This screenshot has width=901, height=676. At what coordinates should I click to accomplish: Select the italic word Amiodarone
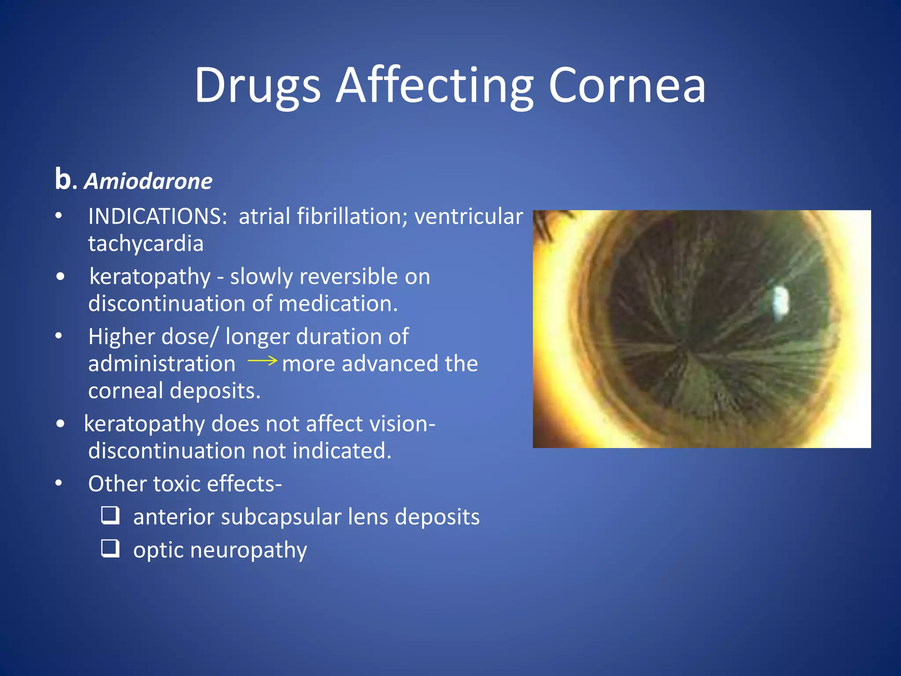148,181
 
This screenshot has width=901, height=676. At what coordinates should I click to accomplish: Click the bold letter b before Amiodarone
63,179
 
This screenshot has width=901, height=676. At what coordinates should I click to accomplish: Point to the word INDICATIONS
157,217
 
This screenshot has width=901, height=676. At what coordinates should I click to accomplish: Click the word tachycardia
146,243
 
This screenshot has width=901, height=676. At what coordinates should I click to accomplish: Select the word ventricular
469,217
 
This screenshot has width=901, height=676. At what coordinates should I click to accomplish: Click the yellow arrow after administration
262,361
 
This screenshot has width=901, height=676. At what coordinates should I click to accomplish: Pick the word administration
161,364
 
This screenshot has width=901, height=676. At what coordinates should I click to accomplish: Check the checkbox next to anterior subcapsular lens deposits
110,515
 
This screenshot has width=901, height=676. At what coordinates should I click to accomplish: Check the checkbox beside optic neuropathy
110,548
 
